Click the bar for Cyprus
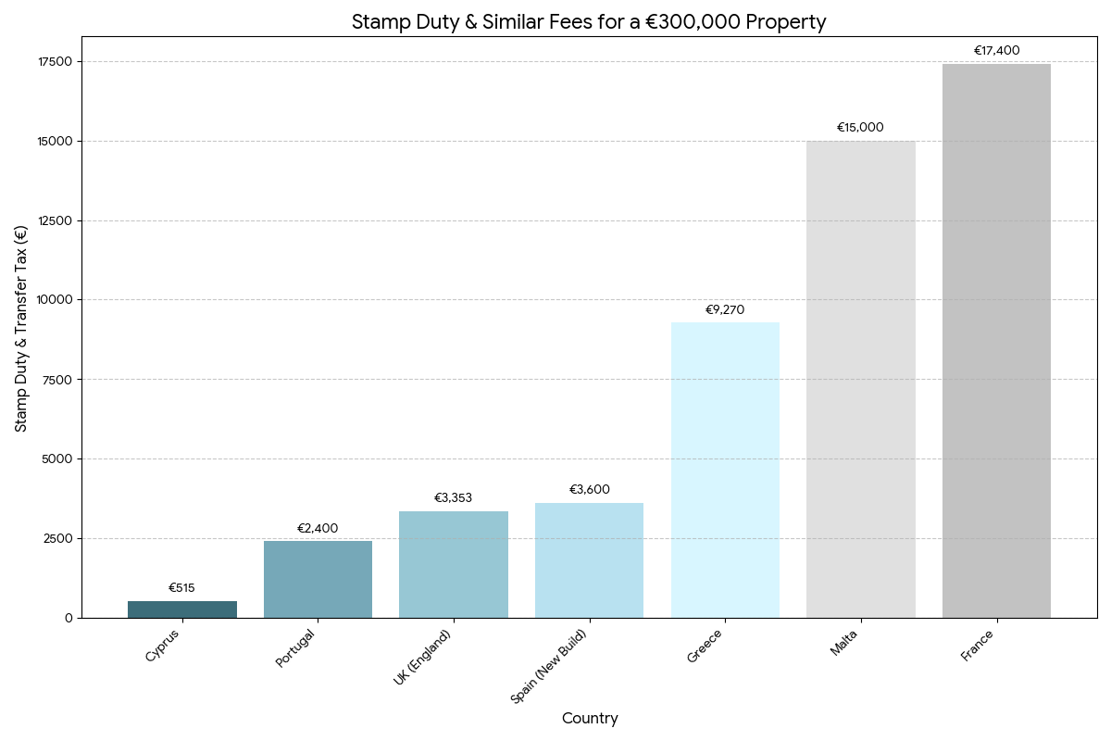(182, 609)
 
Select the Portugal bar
(318, 579)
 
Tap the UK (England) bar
(454, 564)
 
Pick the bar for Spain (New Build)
(589, 560)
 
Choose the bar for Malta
(861, 379)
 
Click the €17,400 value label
(996, 51)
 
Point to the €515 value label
(181, 588)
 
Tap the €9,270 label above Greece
(725, 310)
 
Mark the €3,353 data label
(454, 498)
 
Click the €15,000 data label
(860, 128)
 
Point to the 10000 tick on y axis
(55, 300)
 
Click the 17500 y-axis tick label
(55, 62)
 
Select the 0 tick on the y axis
(69, 618)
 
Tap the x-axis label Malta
(843, 643)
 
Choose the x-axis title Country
(590, 719)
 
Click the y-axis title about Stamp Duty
(21, 327)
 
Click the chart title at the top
(589, 22)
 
